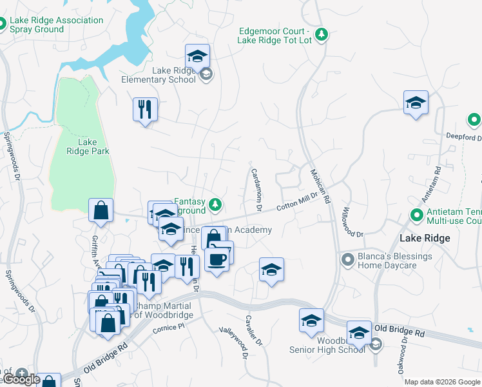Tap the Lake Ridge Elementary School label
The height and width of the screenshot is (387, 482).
[159, 75]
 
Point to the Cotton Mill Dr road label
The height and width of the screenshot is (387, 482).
[297, 201]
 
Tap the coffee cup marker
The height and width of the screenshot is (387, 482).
[217, 259]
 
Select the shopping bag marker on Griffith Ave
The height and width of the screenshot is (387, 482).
[101, 210]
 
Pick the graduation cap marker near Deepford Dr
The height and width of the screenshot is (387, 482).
[416, 103]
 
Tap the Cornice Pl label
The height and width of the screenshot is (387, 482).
[168, 328]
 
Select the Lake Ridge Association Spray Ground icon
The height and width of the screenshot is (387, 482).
[3, 25]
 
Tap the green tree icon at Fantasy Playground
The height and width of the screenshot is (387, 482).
[216, 206]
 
